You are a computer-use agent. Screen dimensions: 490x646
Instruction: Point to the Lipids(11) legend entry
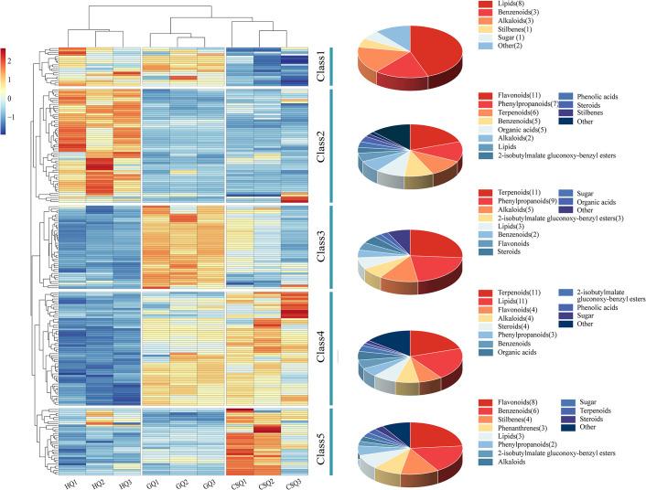click(511, 301)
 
